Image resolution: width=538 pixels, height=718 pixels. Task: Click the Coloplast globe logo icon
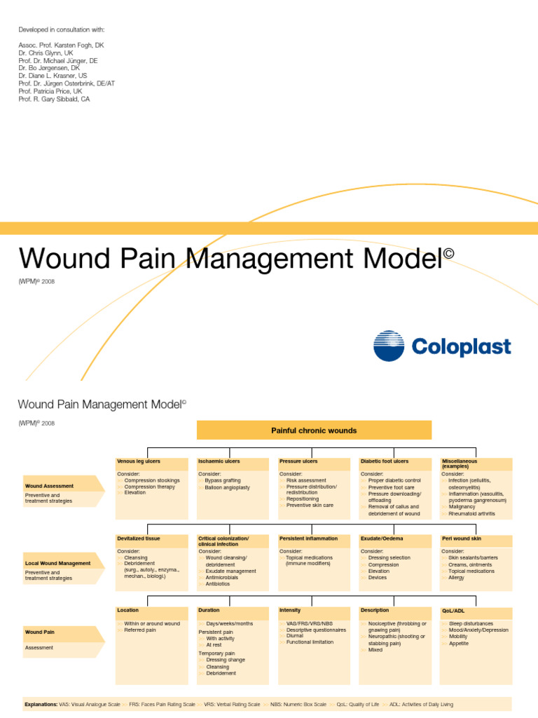coord(389,346)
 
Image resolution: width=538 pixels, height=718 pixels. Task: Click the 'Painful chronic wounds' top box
coord(314,431)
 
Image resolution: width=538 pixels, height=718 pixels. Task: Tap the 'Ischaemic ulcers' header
coord(219,462)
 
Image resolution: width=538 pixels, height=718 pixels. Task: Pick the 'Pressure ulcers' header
coord(298,462)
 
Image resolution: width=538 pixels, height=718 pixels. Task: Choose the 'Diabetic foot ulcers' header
coord(385,462)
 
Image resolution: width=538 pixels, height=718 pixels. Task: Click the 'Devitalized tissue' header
coord(139,539)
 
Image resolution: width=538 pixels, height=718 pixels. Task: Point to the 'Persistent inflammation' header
coord(308,539)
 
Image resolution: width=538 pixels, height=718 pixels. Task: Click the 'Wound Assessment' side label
coord(49,486)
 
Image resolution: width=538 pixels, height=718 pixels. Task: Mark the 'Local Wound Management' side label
coord(57,563)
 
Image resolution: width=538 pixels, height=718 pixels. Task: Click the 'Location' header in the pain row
coord(127,611)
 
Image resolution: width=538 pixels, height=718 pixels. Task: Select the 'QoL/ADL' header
coord(454,611)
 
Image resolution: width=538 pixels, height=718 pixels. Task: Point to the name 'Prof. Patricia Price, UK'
coord(50,91)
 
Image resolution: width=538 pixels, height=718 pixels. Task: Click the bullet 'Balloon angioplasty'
coord(227,487)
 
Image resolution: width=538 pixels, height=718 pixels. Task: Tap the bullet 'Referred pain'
coord(140,630)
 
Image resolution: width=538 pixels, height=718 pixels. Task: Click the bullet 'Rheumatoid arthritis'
coord(471,513)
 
